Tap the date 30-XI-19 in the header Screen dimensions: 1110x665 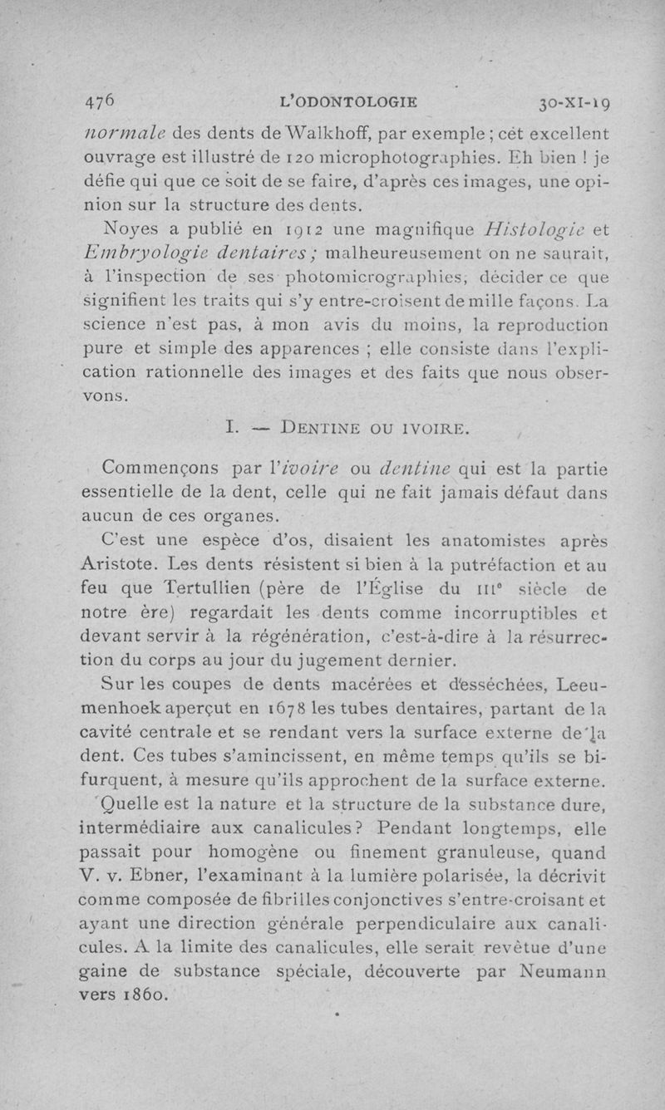pos(575,104)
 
